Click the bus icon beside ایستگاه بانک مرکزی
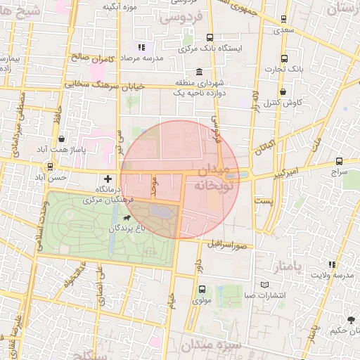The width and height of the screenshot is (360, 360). tap(209, 38)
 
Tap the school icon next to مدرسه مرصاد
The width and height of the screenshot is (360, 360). tap(141, 48)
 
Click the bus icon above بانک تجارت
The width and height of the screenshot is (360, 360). tap(283, 59)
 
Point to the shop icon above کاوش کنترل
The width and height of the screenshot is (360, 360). tap(283, 91)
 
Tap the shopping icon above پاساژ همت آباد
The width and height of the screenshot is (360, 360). tap(63, 139)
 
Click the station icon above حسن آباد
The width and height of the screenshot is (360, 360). tap(50, 167)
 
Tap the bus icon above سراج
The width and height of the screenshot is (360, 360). tap(340, 160)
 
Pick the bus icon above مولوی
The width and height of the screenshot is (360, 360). tap(202, 289)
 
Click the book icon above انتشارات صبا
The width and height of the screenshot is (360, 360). tap(264, 285)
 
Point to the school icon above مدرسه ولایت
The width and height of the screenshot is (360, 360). tap(331, 264)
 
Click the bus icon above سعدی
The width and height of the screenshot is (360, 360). tap(283, 20)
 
